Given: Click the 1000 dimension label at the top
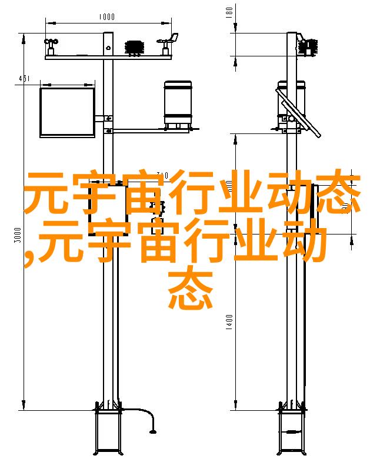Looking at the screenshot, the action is (x=106, y=16).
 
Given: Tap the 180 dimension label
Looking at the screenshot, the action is (x=229, y=12).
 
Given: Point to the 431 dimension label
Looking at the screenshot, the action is (x=24, y=79).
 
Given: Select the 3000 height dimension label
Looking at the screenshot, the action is (x=18, y=235).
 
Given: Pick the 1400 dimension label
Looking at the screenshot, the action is (x=229, y=322).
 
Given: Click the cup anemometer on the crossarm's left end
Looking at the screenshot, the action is (x=51, y=46).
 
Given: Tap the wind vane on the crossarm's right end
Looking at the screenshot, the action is (x=168, y=44).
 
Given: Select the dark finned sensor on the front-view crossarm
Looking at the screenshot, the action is (x=135, y=48).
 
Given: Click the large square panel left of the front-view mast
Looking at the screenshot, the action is (x=68, y=112).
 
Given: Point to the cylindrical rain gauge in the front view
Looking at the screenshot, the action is (x=178, y=105).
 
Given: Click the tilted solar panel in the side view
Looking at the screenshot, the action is (x=298, y=113).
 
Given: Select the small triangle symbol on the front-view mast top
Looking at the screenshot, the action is (x=108, y=48).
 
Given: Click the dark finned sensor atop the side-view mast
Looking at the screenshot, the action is (x=308, y=47).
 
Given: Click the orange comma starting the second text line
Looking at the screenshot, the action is (x=29, y=258).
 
